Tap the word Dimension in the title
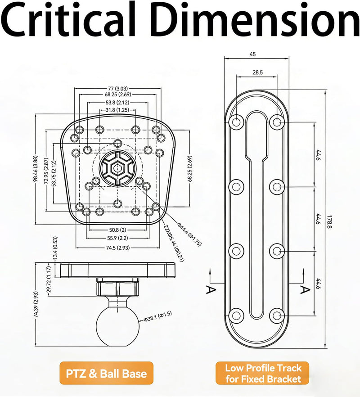[x=256, y=19]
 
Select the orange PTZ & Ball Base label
[x=106, y=374]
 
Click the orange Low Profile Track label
[x=262, y=373]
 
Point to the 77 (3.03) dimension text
[x=118, y=89]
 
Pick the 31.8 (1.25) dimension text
[x=117, y=110]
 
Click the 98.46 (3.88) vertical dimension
[x=36, y=169]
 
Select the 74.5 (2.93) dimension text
[x=118, y=248]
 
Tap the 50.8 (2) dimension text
[x=117, y=230]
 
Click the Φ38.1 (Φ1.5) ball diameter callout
[x=157, y=316]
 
